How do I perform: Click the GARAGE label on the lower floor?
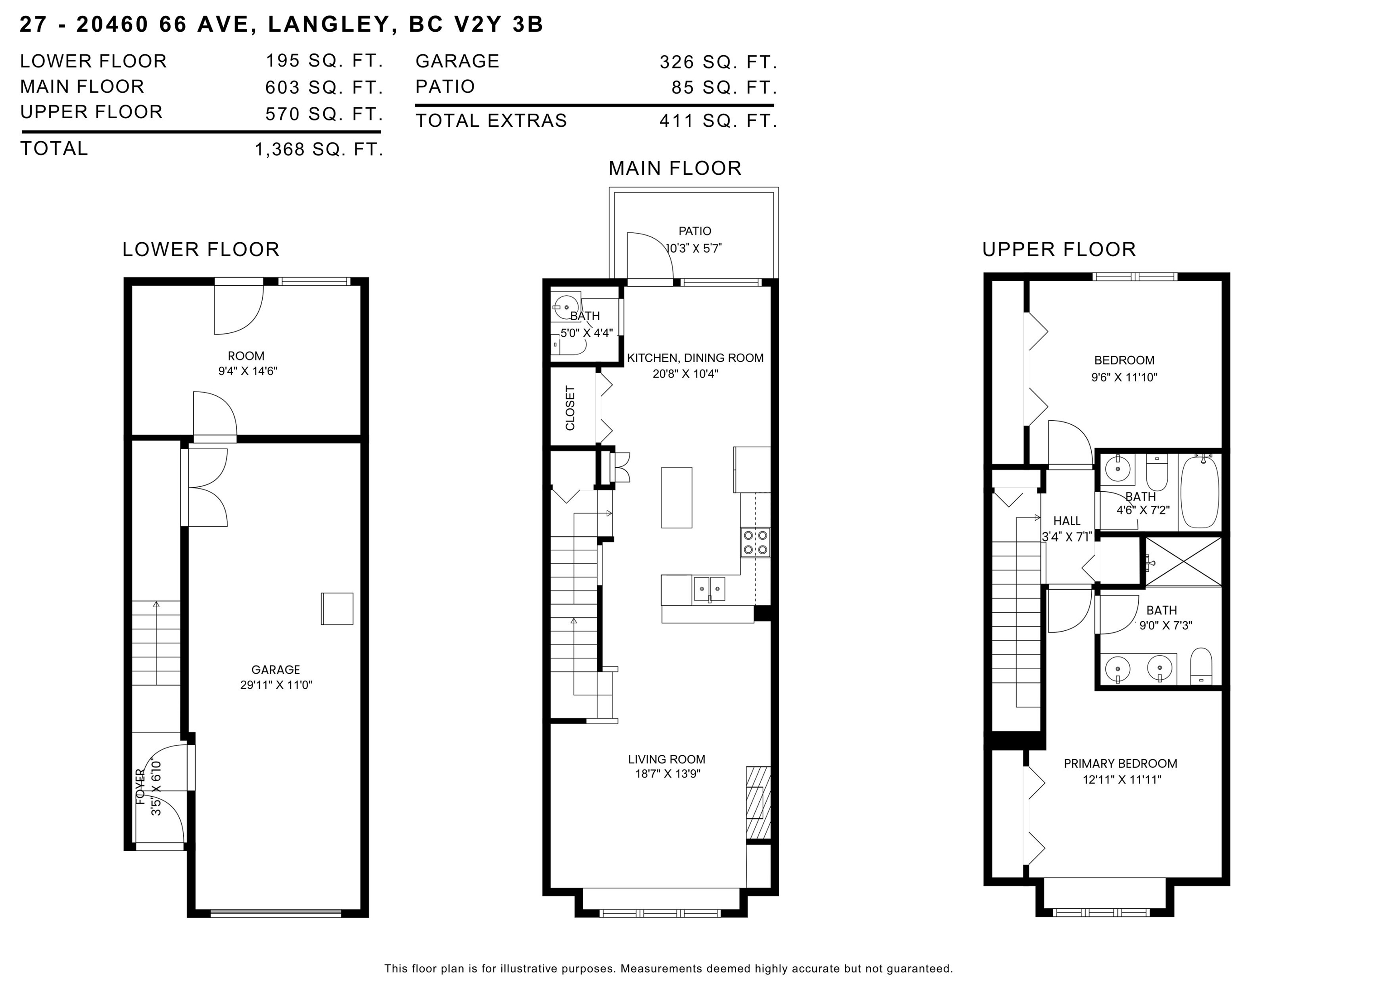[x=276, y=669]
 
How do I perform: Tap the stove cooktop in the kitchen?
[x=755, y=543]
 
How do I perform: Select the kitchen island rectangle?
[x=676, y=498]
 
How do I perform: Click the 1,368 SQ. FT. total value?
[x=319, y=149]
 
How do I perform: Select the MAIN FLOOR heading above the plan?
[x=675, y=168]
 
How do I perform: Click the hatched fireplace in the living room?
[x=758, y=802]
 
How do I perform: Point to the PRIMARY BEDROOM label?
[x=1121, y=764]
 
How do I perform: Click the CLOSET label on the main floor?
[x=570, y=408]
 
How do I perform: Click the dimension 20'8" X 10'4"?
[x=685, y=374]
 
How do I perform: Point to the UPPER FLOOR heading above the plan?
[x=1058, y=249]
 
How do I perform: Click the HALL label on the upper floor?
[x=1066, y=521]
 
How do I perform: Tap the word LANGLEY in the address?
[x=328, y=24]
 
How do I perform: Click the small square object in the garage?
[x=337, y=609]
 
